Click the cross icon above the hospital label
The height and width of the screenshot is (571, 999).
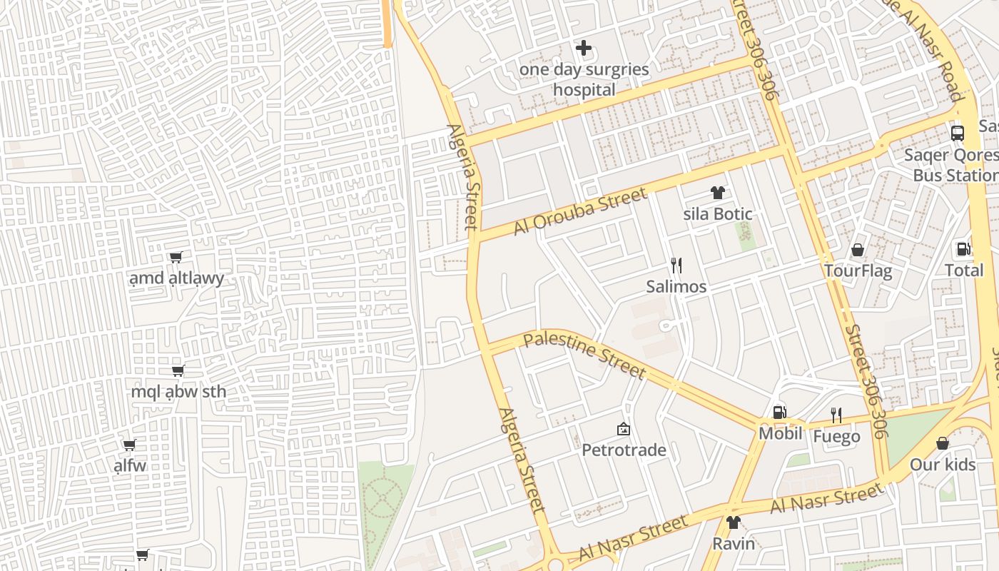click(x=584, y=49)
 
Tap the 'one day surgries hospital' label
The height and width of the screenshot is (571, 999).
click(x=584, y=79)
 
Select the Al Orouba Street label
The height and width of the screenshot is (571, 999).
click(x=580, y=211)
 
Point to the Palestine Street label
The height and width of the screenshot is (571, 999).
click(x=584, y=355)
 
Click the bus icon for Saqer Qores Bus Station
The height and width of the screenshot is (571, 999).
click(x=958, y=133)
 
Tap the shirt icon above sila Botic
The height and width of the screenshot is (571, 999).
click(x=717, y=193)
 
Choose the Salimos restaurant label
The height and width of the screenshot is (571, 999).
click(x=676, y=287)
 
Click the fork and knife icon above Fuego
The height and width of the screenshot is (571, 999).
click(x=836, y=415)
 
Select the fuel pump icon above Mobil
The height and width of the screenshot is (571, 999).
click(x=780, y=413)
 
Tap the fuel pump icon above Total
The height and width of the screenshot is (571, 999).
click(x=963, y=249)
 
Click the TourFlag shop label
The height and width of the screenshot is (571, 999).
click(x=858, y=271)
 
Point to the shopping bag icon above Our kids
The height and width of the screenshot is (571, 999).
click(x=942, y=443)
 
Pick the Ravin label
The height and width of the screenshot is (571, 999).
click(x=733, y=544)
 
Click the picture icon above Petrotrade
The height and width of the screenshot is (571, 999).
click(x=623, y=429)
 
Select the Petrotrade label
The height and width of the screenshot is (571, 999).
click(x=624, y=450)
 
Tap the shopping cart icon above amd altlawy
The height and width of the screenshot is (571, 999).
click(x=176, y=257)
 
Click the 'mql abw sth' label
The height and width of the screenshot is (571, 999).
click(x=178, y=392)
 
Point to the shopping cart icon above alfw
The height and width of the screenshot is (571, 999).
click(x=129, y=445)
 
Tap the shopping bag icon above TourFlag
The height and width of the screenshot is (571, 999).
click(x=858, y=250)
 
